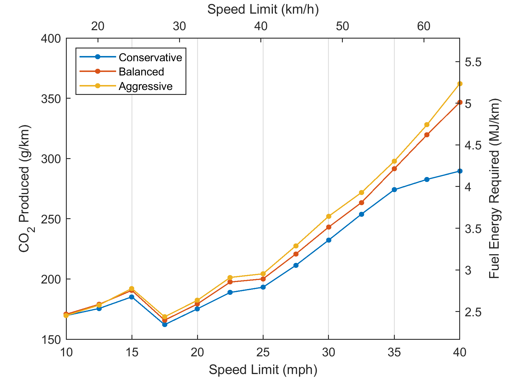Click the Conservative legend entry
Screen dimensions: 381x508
[x=150, y=57]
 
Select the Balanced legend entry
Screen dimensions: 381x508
[x=141, y=72]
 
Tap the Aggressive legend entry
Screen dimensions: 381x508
[x=145, y=86]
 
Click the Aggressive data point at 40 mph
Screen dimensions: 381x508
[x=460, y=84]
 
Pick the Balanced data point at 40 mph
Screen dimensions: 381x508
[x=460, y=102]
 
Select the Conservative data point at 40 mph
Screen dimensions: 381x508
[x=460, y=171]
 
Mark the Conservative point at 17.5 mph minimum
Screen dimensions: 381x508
[x=165, y=324]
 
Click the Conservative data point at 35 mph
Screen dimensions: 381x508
[x=394, y=190]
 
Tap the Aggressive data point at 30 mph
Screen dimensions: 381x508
[x=329, y=216]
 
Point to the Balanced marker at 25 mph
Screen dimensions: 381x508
[x=263, y=279]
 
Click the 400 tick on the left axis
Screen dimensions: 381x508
[x=51, y=39]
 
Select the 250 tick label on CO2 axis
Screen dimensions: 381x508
[x=51, y=219]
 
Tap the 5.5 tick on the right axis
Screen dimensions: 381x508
[x=473, y=62]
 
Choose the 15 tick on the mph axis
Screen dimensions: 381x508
[x=132, y=353]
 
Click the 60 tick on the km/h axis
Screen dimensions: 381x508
[x=424, y=26]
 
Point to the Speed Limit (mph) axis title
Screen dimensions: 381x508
[x=263, y=370]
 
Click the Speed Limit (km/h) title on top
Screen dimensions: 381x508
[x=263, y=10]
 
